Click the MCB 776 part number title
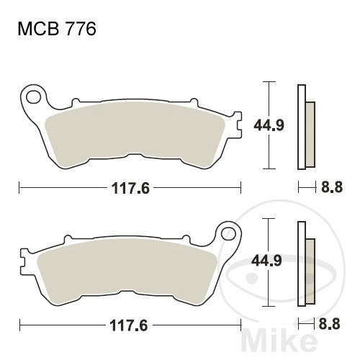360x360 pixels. tap(57, 30)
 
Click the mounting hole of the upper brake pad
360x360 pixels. tap(33, 97)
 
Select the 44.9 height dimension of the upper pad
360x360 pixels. tap(269, 125)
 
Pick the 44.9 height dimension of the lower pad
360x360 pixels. tap(266, 261)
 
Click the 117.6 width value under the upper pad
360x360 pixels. tap(131, 188)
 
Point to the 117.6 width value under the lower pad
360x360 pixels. tap(128, 325)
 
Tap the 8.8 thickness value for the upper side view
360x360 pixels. tap(332, 187)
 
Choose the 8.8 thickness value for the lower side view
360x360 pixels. tap(330, 324)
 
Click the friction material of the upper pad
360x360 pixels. tap(135, 135)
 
